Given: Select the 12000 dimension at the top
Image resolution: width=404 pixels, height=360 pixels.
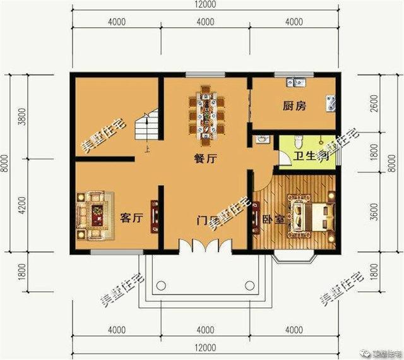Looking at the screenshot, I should (x=205, y=5).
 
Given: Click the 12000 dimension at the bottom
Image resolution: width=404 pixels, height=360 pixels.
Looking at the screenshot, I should (x=205, y=348).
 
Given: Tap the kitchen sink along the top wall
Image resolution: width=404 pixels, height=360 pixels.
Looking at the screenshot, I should (x=295, y=81).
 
